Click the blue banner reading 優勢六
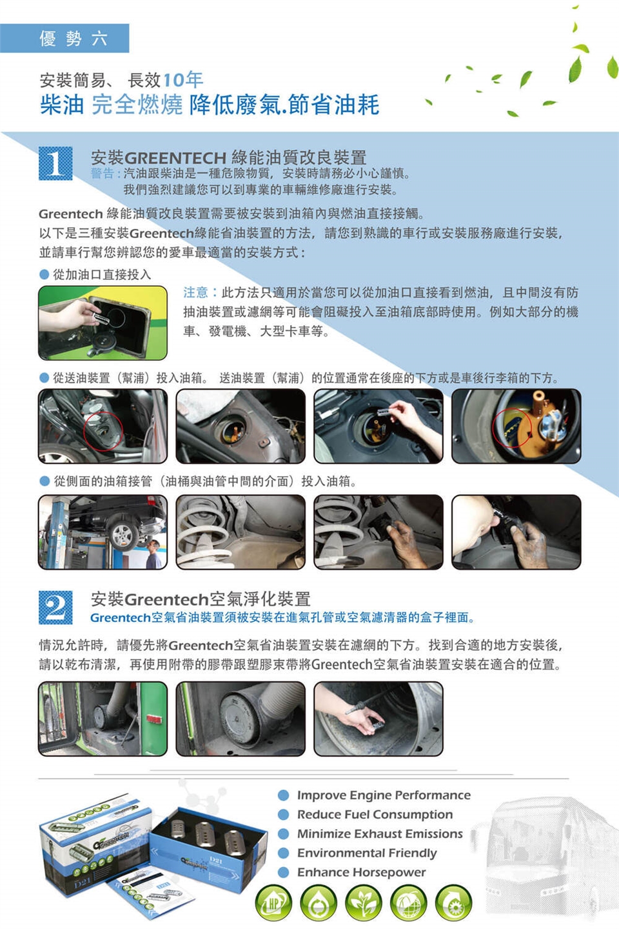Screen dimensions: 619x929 pyautogui.click(x=64, y=38)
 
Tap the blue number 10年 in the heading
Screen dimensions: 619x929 pyautogui.click(x=183, y=79)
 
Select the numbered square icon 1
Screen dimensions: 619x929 pyautogui.click(x=55, y=163)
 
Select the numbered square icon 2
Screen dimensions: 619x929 pyautogui.click(x=55, y=607)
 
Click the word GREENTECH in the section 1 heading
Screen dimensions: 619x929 pyautogui.click(x=175, y=158)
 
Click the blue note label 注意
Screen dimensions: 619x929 pyautogui.click(x=195, y=292)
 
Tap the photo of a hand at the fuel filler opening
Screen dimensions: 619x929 pyautogui.click(x=103, y=323)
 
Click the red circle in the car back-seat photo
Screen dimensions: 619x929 pyautogui.click(x=103, y=432)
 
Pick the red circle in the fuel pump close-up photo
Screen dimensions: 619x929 pyautogui.click(x=512, y=428)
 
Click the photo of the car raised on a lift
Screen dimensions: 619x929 pyautogui.click(x=103, y=532)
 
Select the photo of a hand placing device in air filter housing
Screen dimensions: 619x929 pyautogui.click(x=378, y=719)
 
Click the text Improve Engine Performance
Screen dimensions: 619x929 pyautogui.click(x=384, y=795)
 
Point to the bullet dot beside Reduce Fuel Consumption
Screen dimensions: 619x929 pyautogui.click(x=283, y=815)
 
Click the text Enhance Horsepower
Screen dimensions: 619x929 pyautogui.click(x=362, y=872)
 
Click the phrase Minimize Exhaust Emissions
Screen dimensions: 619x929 pyautogui.click(x=380, y=834)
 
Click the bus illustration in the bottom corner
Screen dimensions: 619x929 pyautogui.click(x=547, y=859)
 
